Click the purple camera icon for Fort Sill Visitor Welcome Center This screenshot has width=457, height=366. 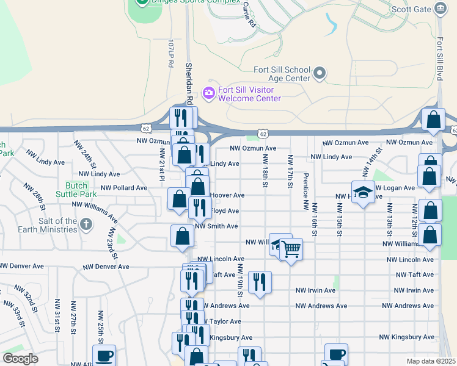click(209, 92)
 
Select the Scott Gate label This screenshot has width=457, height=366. click(409, 10)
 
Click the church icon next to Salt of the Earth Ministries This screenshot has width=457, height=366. click(87, 225)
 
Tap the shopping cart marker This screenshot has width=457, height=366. click(291, 249)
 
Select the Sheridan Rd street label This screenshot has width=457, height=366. click(189, 83)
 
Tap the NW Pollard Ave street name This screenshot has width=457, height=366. click(124, 188)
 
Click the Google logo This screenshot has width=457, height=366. click(20, 359)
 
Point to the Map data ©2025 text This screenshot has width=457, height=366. click(431, 361)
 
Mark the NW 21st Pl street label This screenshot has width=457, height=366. click(162, 165)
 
